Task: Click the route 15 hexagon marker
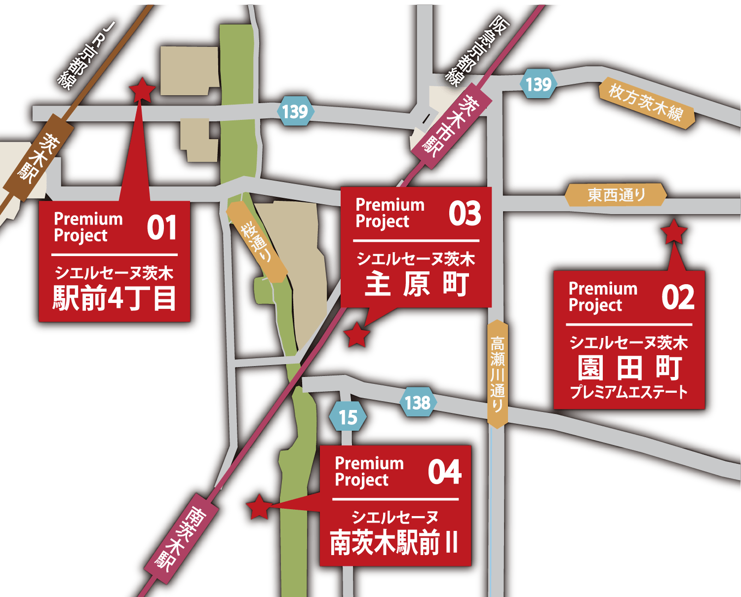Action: click(x=348, y=417)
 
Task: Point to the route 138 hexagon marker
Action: click(x=418, y=403)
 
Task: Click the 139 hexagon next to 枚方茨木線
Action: click(x=538, y=84)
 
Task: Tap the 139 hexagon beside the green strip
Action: click(x=295, y=112)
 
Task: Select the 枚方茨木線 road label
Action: click(x=646, y=103)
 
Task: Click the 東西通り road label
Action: click(x=616, y=195)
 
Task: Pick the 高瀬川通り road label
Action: click(x=498, y=373)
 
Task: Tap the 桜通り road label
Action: click(x=257, y=242)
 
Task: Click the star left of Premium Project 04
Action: click(x=258, y=507)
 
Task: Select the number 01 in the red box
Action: click(x=161, y=228)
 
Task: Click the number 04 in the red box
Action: click(x=444, y=472)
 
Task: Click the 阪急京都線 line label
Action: click(x=477, y=49)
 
